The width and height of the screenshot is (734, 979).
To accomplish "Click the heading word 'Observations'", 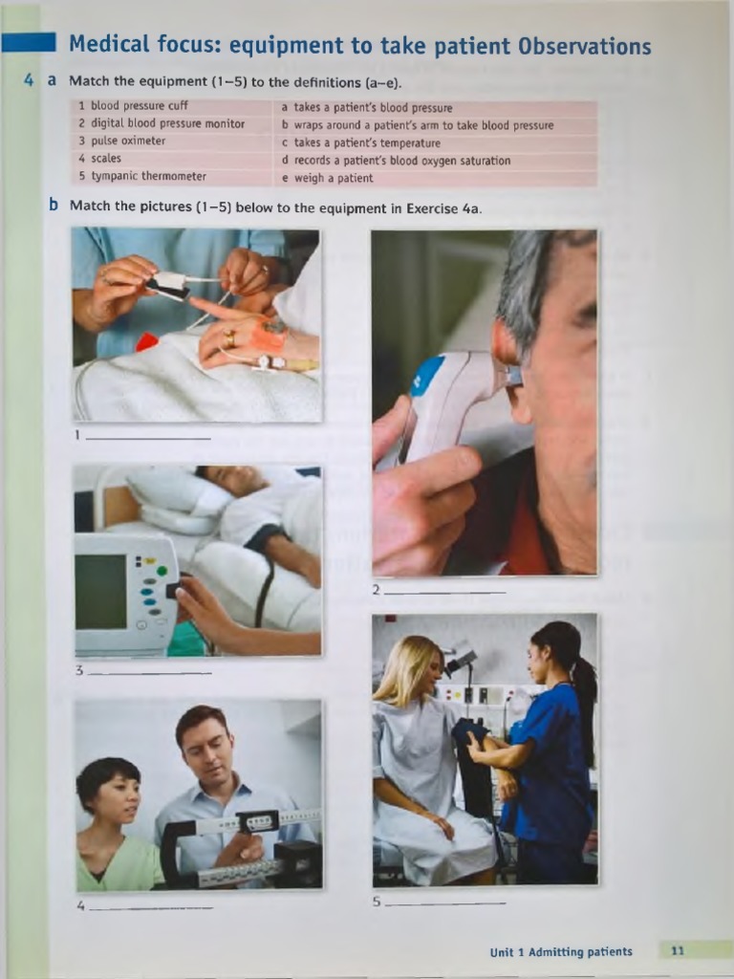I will (584, 46).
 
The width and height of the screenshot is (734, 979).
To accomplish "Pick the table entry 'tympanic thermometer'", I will (148, 176).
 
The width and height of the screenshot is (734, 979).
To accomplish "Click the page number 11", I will (678, 951).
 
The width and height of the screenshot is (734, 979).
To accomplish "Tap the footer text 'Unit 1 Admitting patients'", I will (561, 952).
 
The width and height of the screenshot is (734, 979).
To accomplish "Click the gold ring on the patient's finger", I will (229, 337).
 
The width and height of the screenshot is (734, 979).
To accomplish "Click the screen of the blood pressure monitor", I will (100, 591).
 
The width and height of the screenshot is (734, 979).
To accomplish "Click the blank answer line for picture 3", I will (149, 672).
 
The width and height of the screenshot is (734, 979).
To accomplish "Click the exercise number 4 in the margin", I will (30, 81).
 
